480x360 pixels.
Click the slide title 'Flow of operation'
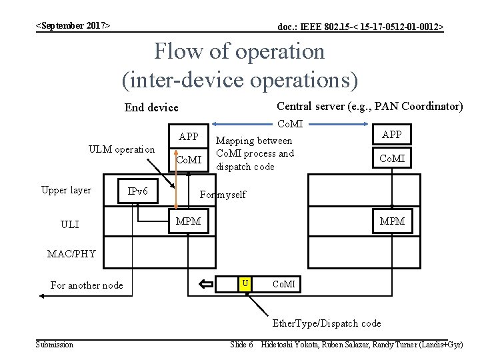click(x=239, y=51)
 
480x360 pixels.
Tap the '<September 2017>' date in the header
click(x=73, y=25)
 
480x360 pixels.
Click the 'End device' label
click(x=151, y=107)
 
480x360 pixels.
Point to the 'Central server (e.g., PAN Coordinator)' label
click(x=369, y=106)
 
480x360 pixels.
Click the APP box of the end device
click(x=189, y=137)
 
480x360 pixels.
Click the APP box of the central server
click(x=391, y=135)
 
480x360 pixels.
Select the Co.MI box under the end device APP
click(x=189, y=159)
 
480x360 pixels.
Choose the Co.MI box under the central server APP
click(x=391, y=158)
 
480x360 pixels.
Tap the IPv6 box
click(x=137, y=192)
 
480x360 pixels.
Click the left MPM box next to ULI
click(x=187, y=221)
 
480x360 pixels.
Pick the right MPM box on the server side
click(x=391, y=221)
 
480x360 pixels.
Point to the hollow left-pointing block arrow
click(x=206, y=285)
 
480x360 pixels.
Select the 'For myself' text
click(x=223, y=195)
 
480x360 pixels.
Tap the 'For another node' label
click(x=87, y=285)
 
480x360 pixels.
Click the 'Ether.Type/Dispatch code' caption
click(x=327, y=323)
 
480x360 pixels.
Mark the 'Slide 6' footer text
click(x=241, y=344)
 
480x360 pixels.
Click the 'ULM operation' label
click(x=121, y=149)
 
